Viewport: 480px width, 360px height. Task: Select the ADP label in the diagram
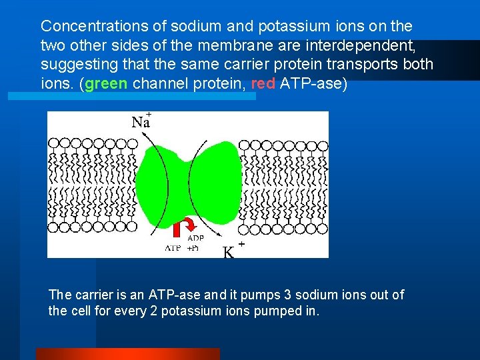point(195,238)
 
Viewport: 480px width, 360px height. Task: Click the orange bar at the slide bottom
point(127,354)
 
